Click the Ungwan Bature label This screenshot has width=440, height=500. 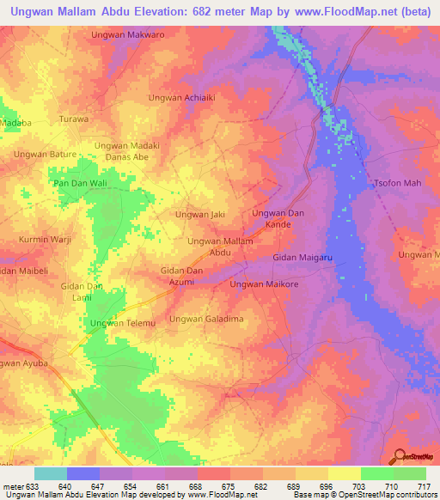[44, 154]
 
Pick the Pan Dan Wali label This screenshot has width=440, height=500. [80, 184]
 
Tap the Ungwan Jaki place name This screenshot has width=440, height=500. [200, 214]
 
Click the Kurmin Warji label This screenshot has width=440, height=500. [43, 238]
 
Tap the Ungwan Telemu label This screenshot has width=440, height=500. [123, 323]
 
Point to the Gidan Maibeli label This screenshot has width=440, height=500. [25, 271]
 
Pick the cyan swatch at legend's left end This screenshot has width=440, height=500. [50, 473]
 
